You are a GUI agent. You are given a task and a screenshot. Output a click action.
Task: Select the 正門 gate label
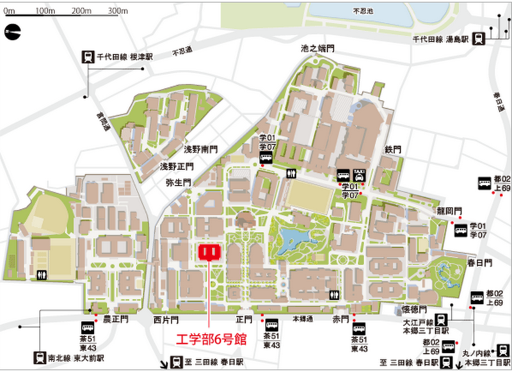point(244,318)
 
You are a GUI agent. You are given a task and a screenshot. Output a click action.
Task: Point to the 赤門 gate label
point(340,318)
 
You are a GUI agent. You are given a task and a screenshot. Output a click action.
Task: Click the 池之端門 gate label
point(317,49)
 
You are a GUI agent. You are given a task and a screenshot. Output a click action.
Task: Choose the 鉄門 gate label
point(392,149)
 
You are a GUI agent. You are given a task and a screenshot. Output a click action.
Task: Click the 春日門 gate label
point(479,263)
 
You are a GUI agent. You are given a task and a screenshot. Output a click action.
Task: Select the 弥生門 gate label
point(179,182)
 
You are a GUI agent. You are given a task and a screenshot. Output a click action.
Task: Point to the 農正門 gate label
point(107,318)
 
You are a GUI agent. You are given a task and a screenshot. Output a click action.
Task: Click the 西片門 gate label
point(165,318)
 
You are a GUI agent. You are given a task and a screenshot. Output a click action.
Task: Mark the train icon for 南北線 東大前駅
point(42,357)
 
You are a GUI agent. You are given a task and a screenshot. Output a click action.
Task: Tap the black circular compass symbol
point(12,31)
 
